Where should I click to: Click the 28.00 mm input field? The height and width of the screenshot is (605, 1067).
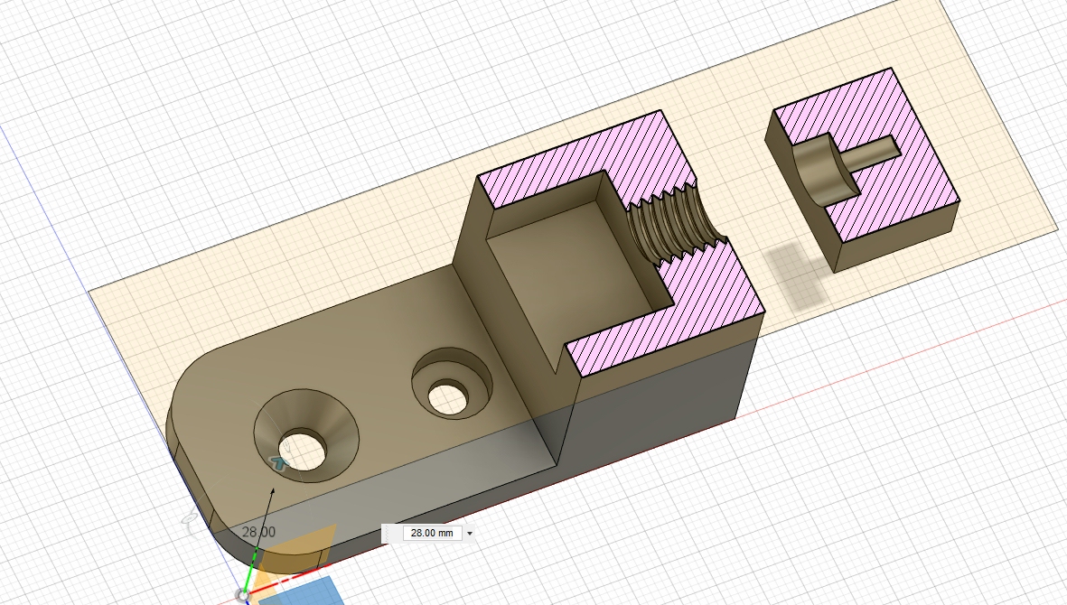(432, 533)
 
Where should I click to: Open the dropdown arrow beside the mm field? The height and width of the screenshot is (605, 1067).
(470, 534)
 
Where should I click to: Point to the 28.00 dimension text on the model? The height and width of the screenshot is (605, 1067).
(258, 532)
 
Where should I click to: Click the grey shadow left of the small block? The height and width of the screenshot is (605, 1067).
(794, 275)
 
